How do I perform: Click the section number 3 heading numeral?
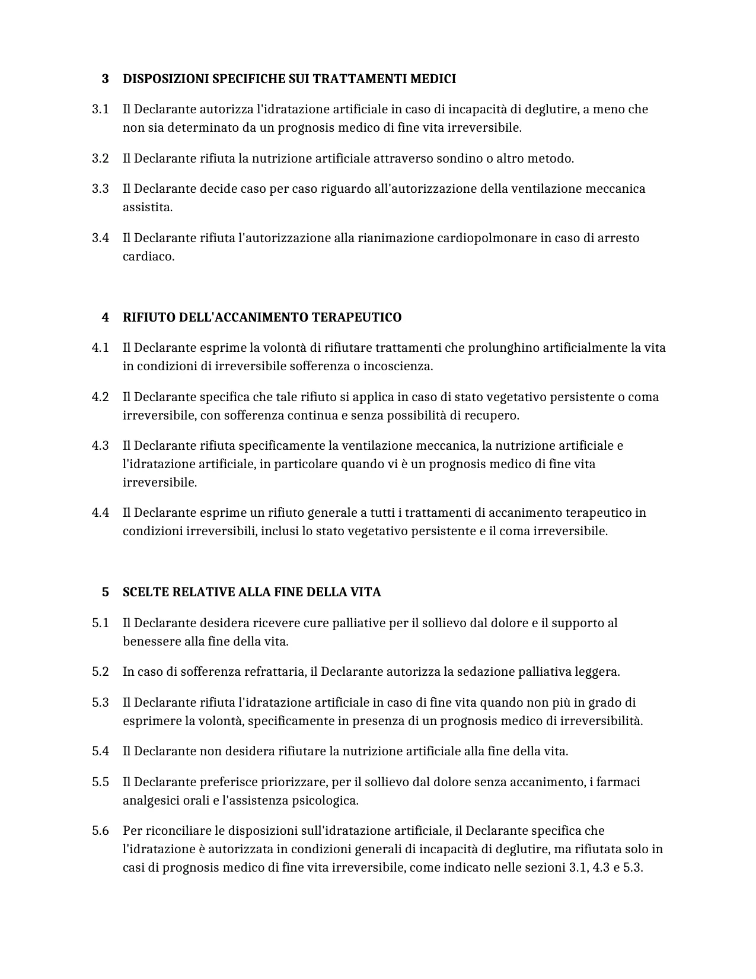[x=105, y=79]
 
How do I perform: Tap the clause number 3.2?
[x=100, y=158]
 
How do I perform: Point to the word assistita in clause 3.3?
[x=147, y=207]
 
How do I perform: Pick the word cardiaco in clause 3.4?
[x=148, y=256]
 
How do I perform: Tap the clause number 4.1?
[x=100, y=348]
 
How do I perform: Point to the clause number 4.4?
[x=100, y=513]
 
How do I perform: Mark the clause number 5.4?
[x=100, y=751]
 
